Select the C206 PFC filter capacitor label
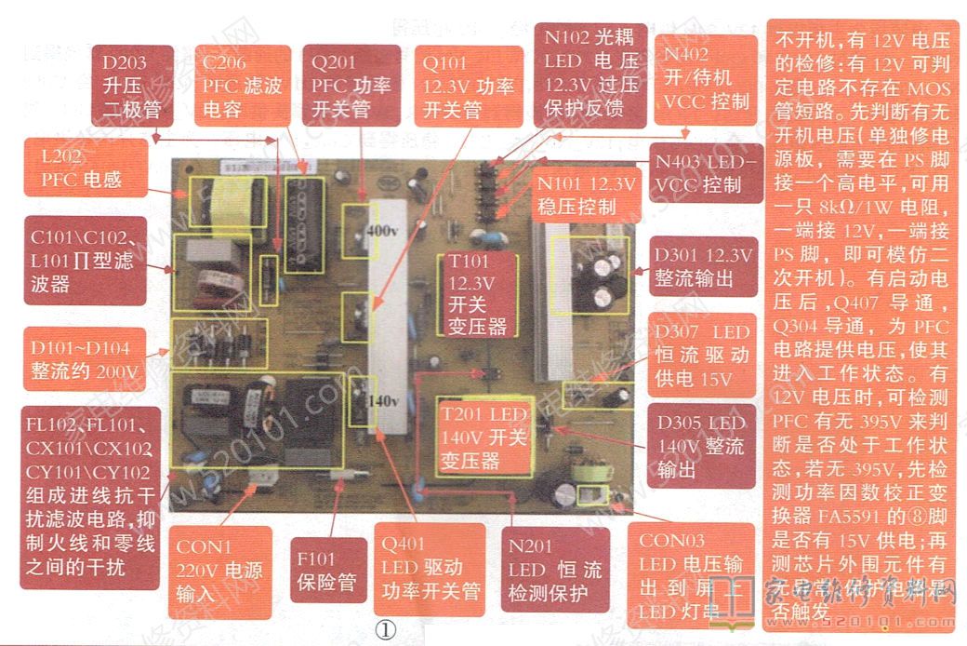(x=245, y=87)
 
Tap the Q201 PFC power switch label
(x=352, y=87)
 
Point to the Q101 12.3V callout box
(x=467, y=87)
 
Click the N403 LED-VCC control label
(x=705, y=172)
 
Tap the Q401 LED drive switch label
(x=430, y=569)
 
